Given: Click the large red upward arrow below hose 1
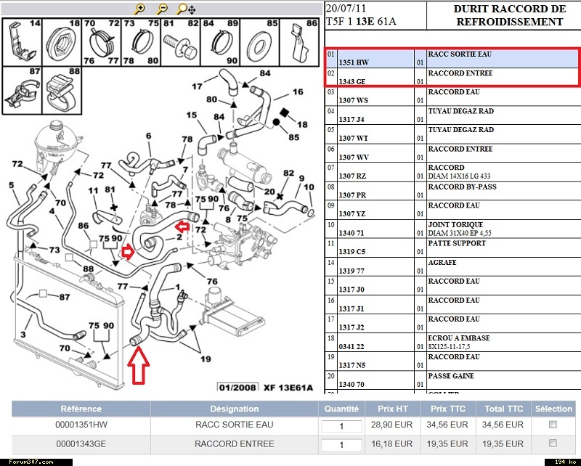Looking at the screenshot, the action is (x=138, y=365).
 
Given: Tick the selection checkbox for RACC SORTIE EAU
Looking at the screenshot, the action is (x=553, y=425).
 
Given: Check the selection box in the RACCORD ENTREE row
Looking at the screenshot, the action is (x=553, y=443).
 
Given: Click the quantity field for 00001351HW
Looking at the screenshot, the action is (x=341, y=426).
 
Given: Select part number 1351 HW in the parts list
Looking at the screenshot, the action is (x=354, y=62).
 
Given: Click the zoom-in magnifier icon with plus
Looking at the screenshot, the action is (x=139, y=9).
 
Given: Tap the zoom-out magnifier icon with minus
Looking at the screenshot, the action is (x=162, y=9).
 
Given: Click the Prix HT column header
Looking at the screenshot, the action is (x=392, y=409).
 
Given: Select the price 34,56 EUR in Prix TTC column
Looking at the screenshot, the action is (x=447, y=425).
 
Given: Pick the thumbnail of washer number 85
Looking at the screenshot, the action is (x=260, y=43).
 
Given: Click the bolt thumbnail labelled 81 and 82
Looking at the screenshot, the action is (x=180, y=43).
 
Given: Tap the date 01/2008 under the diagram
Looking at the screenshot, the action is (x=237, y=388).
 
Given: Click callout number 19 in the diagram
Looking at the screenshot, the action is (x=206, y=359).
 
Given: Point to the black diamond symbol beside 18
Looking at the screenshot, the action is (x=285, y=113).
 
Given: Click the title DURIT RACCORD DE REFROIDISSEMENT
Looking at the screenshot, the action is (x=510, y=15).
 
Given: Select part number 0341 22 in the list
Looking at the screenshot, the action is (x=352, y=347).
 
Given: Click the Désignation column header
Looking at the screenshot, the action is (x=234, y=409).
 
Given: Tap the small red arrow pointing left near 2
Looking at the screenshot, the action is (x=182, y=226).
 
